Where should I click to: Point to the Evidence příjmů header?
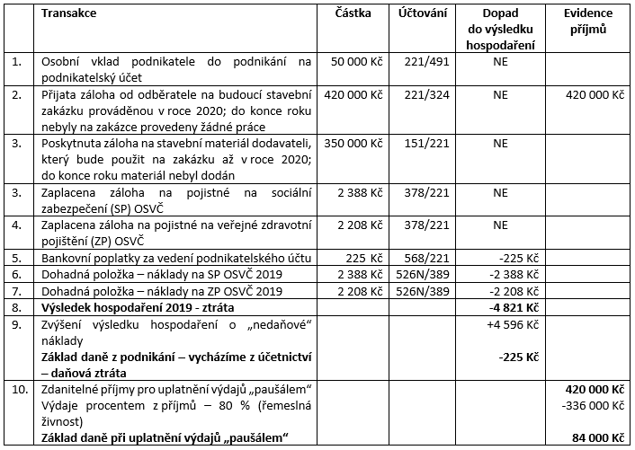pyautogui.click(x=589, y=22)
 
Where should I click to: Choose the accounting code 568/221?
pyautogui.click(x=417, y=257)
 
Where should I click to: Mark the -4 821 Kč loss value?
pyautogui.click(x=501, y=305)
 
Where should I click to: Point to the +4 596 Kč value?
pyautogui.click(x=500, y=322)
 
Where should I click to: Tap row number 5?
pyautogui.click(x=15, y=257)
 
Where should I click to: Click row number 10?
pyautogui.click(x=17, y=389)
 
